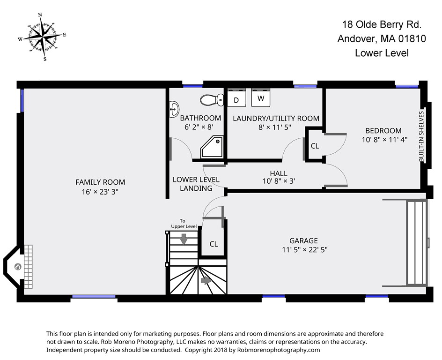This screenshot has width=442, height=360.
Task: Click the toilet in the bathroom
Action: [x=212, y=100]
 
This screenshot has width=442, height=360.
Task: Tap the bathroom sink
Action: [x=174, y=109]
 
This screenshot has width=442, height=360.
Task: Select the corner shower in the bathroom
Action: [x=212, y=147]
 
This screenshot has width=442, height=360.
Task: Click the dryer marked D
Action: [x=236, y=98]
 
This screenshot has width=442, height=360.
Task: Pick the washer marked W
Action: [x=261, y=97]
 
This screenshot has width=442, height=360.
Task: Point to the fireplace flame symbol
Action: [x=18, y=267]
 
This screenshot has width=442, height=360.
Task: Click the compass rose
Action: [x=42, y=37]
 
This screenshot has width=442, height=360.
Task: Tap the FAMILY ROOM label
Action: [x=100, y=182]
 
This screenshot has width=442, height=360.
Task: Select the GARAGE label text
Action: [x=303, y=240]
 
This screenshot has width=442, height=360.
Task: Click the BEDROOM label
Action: [x=383, y=131]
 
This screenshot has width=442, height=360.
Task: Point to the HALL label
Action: [x=279, y=173]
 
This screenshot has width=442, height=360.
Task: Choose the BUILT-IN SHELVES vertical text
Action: [x=421, y=136]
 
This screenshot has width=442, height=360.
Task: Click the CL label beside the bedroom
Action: [x=315, y=146]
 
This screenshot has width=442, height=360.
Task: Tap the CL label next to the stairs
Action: [x=214, y=244]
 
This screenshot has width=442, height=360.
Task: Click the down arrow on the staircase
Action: [x=184, y=239]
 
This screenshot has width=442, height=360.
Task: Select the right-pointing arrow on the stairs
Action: [x=206, y=280]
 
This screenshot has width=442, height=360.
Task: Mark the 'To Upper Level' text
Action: [x=184, y=224]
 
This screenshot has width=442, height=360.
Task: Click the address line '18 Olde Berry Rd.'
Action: [x=382, y=24]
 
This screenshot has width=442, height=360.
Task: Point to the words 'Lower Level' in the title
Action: [x=382, y=53]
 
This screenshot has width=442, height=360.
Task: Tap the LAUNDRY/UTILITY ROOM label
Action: [x=276, y=118]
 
